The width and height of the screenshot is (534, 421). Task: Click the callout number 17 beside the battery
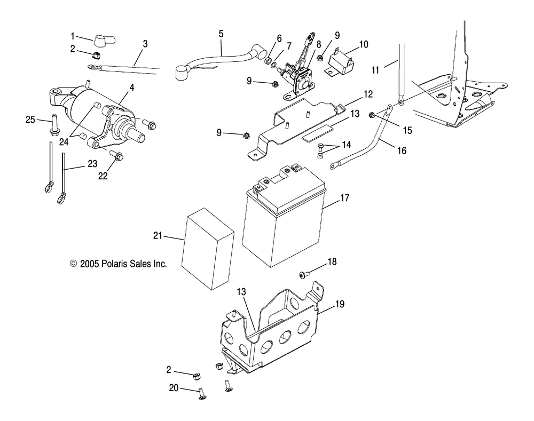(x=344, y=197)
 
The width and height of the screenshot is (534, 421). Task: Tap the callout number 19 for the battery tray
(x=340, y=305)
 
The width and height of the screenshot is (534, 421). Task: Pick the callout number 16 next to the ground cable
(x=402, y=151)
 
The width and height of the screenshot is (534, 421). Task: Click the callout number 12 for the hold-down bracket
(x=368, y=94)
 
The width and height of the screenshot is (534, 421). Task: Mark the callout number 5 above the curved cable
(x=221, y=34)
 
